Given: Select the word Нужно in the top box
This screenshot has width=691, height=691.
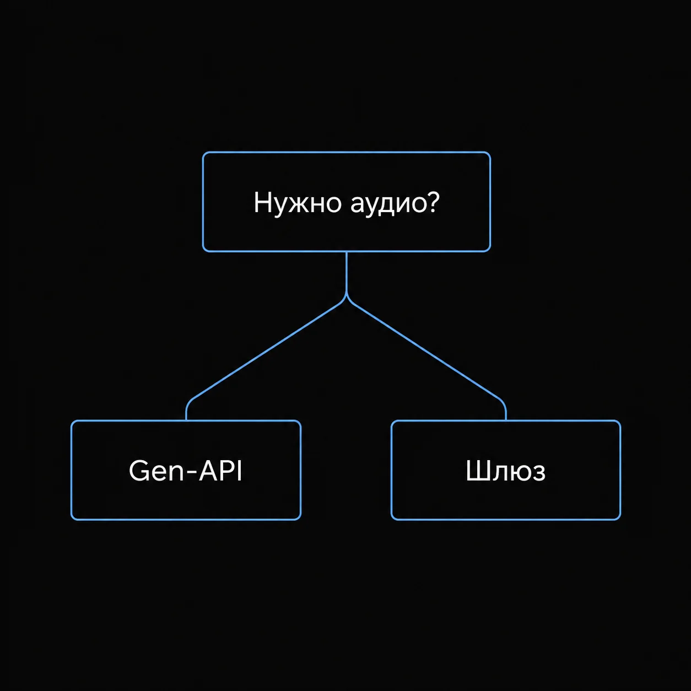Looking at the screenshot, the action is (297, 203).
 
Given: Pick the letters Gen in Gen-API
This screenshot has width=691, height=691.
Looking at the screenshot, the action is (156, 471).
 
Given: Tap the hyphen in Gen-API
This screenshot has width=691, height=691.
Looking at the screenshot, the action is (191, 473).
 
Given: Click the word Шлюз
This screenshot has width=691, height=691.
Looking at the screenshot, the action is (506, 471).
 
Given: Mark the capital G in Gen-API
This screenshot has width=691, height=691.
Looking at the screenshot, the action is (139, 471).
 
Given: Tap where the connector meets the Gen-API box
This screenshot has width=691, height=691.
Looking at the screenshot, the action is (186, 420).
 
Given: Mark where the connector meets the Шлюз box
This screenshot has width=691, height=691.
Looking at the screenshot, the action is (506, 420).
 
